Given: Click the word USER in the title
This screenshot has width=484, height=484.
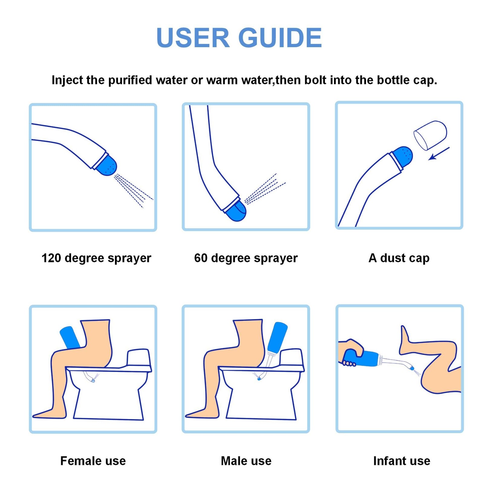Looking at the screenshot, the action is coord(193,38).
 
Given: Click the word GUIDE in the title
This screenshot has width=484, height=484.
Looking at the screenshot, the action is coord(280,38).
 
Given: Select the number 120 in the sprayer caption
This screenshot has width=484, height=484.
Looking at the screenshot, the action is coord(51,258).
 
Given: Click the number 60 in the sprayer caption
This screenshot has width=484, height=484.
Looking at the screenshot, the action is coord(201,258).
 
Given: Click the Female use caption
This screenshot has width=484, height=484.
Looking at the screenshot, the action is coord(93,461).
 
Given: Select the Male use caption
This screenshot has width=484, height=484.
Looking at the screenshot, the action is coord(246,461).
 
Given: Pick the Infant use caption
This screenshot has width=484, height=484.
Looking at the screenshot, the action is coord(402,461).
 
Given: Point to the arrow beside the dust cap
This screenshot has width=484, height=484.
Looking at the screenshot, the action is coord(439,153).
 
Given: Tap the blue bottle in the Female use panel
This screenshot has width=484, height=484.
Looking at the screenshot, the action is coord(70,337).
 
